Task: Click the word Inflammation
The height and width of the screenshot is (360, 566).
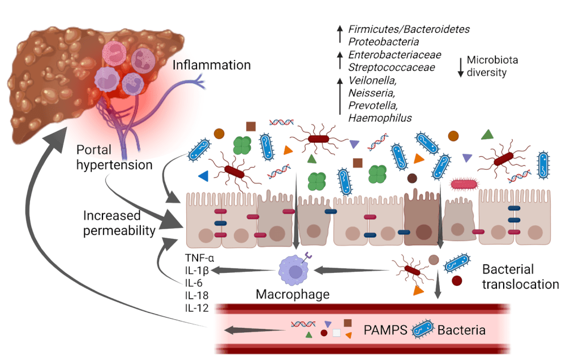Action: click(x=212, y=66)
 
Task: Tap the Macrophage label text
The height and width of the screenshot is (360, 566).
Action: click(x=292, y=294)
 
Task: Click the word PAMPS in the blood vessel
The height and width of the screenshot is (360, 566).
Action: click(x=385, y=329)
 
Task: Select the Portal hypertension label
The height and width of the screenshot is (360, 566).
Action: click(x=115, y=158)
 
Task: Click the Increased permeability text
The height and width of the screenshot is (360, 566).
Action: click(x=118, y=223)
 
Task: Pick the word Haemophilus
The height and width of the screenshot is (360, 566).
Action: click(x=380, y=118)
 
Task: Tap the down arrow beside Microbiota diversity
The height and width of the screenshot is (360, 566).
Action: click(x=461, y=66)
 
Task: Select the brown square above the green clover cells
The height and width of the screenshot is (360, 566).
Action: click(x=251, y=126)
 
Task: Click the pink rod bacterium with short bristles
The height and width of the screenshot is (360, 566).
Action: click(x=466, y=183)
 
